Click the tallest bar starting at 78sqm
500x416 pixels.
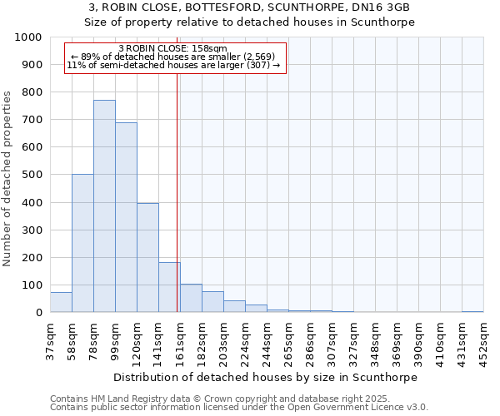pos(104,206)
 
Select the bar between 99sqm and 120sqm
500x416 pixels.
pos(126,217)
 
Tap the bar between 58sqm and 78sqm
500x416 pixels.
pos(82,243)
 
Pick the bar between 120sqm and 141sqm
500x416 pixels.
pos(147,258)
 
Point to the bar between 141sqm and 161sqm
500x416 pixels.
pos(169,287)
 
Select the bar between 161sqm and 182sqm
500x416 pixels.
pos(191,298)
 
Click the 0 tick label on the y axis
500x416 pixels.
pos(38,313)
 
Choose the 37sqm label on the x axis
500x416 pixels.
pos(50,340)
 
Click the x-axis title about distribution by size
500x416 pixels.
pos(265,377)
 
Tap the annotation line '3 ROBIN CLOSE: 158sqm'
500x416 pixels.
pos(172,49)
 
